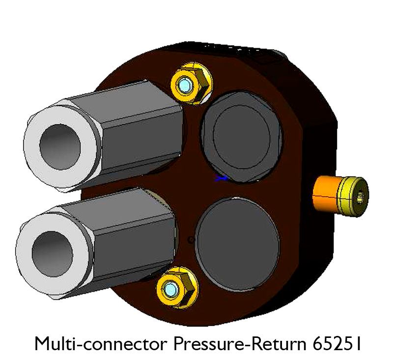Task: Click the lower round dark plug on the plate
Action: pyautogui.click(x=238, y=242)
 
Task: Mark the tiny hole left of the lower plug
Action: pyautogui.click(x=191, y=240)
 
